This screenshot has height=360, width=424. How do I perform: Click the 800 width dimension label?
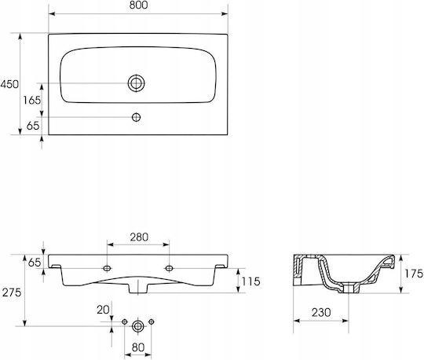(x=138, y=6)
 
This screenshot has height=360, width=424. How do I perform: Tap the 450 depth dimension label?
(x=9, y=84)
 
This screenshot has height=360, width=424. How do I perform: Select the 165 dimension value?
(x=32, y=101)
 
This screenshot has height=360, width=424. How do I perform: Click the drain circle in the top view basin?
(x=137, y=83)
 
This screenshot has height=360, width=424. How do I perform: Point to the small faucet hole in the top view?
(x=136, y=117)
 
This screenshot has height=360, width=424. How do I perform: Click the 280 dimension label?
(x=139, y=237)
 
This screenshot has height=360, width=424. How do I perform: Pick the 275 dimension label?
(x=12, y=292)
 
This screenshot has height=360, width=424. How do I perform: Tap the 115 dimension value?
(x=251, y=281)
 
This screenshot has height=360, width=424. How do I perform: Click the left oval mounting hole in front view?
(x=107, y=268)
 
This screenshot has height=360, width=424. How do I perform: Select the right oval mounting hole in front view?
(x=170, y=268)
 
